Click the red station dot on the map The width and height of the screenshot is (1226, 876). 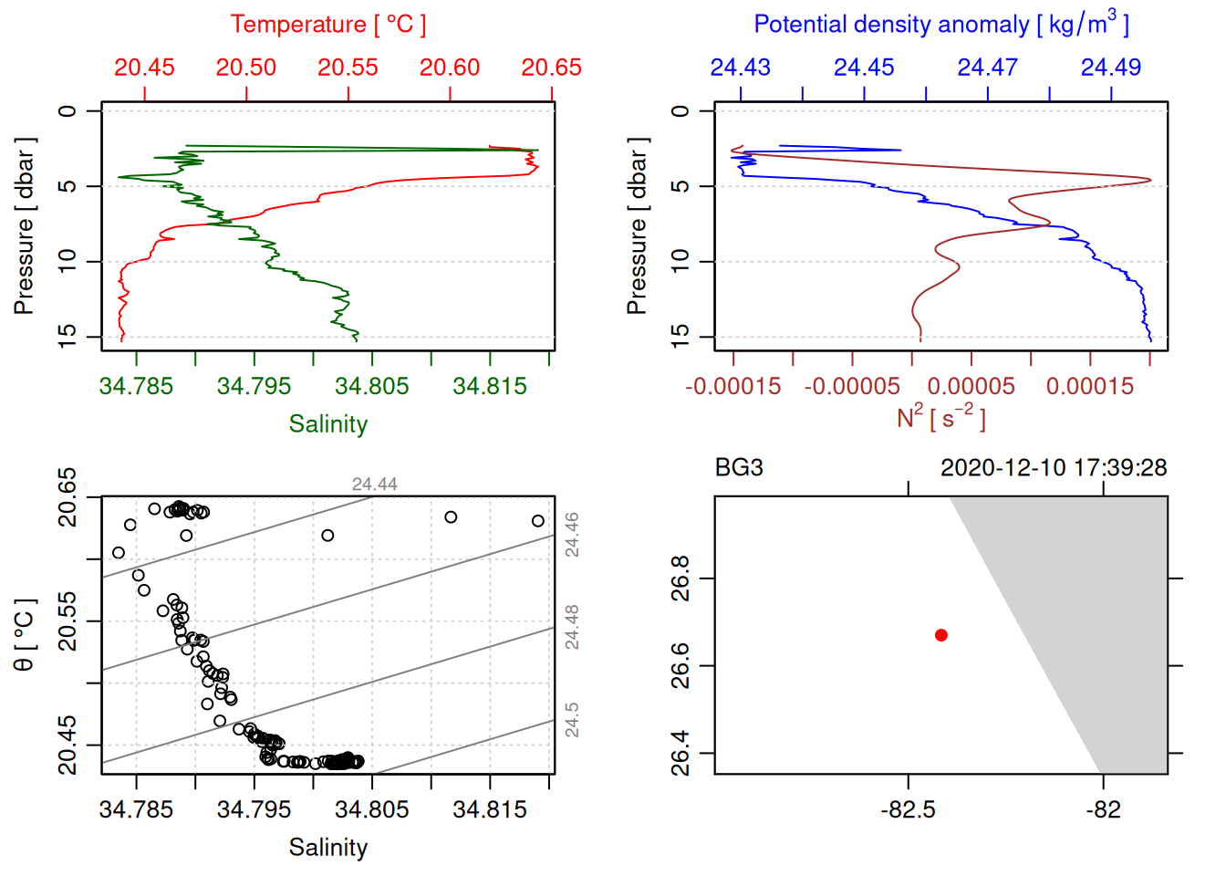940,635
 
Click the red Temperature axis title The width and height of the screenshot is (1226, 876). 327,25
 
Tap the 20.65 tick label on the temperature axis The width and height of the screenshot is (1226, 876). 551,68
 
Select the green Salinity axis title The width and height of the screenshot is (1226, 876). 327,424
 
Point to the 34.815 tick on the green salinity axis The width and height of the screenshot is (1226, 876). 490,386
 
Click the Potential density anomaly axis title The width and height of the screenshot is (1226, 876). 940,25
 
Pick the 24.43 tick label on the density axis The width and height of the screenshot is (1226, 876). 740,68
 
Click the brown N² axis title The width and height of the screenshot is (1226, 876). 940,418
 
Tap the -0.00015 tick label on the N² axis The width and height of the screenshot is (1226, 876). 732,386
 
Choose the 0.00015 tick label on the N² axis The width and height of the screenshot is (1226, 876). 1090,386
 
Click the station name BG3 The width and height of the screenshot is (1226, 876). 739,468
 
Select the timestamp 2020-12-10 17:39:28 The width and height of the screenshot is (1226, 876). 1054,468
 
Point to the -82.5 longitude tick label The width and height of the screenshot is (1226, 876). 908,809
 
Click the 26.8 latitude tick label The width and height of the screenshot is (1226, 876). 681,578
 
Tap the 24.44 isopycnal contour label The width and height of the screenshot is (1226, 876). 374,485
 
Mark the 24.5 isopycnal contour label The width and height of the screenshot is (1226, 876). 571,719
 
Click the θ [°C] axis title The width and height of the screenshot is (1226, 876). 25,635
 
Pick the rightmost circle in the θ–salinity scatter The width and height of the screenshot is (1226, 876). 538,521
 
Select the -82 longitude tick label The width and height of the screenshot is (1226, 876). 1103,809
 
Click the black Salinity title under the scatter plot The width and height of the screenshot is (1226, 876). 327,848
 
